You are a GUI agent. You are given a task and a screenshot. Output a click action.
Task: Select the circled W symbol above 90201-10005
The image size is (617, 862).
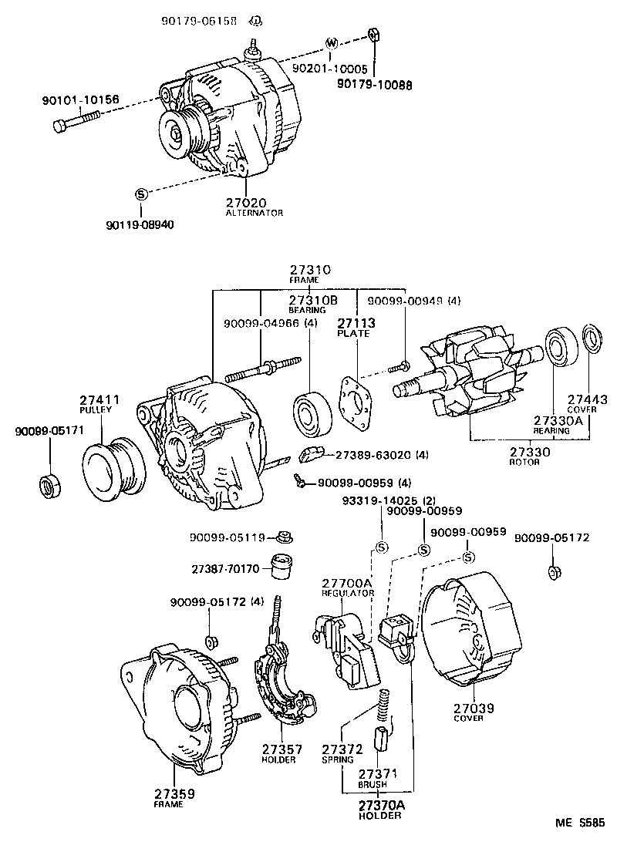pos(332,42)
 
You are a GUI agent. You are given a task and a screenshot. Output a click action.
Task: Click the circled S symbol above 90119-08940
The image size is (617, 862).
pos(141,194)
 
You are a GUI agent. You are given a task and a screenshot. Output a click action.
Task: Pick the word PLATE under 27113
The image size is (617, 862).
pos(352,334)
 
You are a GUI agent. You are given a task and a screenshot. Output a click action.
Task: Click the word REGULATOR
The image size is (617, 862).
pos(347,593)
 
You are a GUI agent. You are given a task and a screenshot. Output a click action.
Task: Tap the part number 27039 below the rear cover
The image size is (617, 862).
pos(473,707)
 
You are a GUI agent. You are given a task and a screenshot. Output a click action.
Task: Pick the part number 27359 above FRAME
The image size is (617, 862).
pos(174,793)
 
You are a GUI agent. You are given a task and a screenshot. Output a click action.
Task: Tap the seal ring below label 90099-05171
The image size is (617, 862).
pos(49,487)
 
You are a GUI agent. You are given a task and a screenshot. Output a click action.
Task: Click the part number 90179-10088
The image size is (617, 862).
pos(373,85)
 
